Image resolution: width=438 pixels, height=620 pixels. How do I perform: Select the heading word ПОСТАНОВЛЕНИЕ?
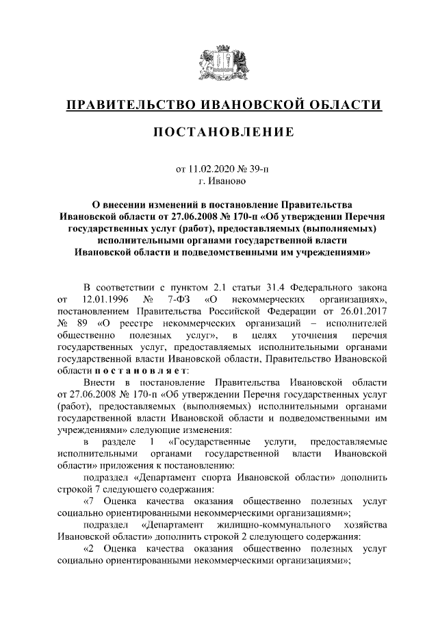click(223, 132)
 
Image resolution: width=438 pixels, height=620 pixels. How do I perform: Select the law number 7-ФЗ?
click(176, 299)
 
